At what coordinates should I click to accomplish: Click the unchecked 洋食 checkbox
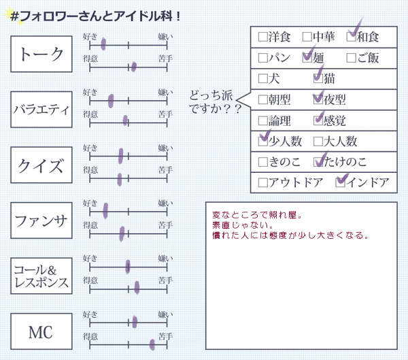262,37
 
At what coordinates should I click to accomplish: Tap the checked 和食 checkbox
352,37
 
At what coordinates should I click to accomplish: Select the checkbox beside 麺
307,58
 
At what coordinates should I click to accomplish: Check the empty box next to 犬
262,78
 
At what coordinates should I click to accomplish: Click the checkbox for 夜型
318,99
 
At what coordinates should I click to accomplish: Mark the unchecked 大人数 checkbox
318,142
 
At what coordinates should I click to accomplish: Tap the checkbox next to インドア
341,182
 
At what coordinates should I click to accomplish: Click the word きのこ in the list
284,162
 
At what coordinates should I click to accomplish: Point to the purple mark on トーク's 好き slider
103,44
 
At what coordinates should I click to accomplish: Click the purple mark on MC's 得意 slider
152,344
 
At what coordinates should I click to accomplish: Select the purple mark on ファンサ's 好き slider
105,211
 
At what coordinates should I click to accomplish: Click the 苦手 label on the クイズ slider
165,170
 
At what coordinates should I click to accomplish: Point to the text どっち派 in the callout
211,95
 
